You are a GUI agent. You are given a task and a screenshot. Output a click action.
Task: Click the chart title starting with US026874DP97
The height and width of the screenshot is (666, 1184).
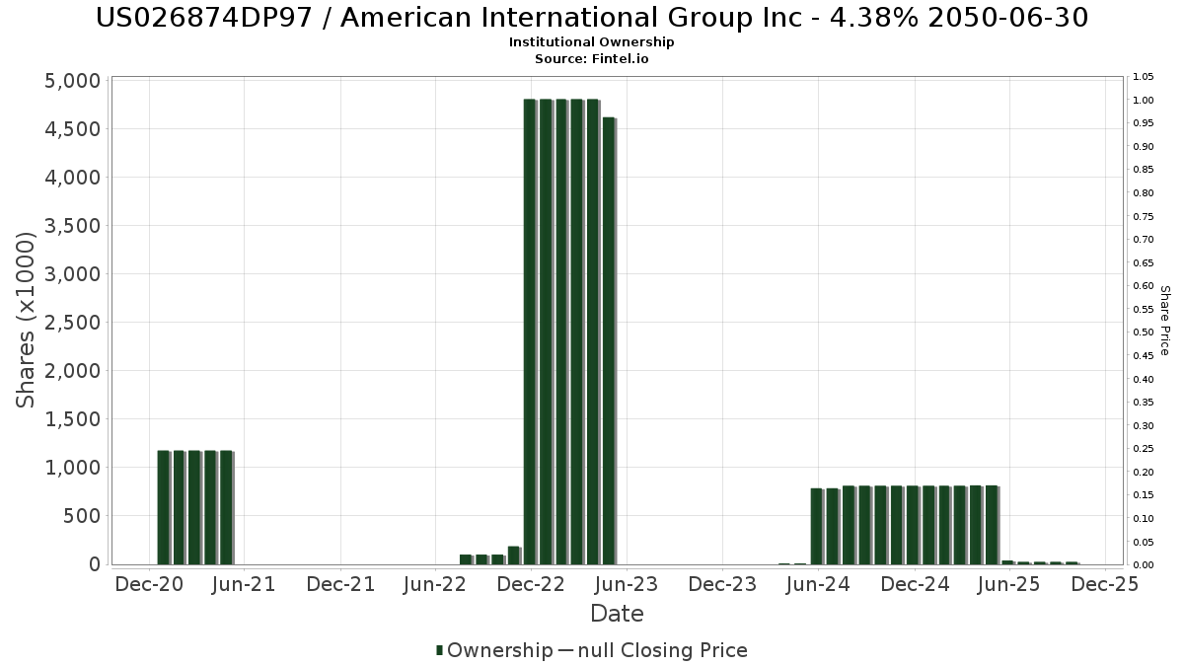(592, 18)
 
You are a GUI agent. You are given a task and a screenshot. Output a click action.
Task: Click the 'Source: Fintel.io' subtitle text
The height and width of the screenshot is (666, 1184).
(592, 59)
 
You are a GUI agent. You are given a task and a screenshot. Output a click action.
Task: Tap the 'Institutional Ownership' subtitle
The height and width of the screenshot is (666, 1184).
(592, 42)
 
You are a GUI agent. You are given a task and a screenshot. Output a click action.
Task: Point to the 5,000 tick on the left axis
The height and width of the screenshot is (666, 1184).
(73, 81)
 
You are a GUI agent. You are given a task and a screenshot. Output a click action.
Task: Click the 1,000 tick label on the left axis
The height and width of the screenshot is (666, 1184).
(73, 468)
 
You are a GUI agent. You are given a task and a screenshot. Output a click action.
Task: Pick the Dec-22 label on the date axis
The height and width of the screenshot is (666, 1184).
(531, 584)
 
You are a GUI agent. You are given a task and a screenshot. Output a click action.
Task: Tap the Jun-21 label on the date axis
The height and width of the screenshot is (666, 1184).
(244, 584)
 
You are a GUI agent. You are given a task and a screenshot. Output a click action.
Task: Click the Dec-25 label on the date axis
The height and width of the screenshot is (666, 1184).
(1106, 584)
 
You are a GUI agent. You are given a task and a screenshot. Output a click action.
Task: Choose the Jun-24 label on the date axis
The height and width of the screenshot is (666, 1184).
(818, 584)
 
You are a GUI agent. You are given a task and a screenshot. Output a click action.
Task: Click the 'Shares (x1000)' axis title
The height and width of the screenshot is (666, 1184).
(27, 320)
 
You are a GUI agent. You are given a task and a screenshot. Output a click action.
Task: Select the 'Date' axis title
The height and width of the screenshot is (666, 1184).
(617, 614)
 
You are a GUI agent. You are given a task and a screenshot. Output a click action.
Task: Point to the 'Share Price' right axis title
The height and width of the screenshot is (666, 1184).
(1164, 321)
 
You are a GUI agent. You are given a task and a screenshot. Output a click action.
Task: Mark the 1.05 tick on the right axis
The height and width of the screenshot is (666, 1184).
(1145, 77)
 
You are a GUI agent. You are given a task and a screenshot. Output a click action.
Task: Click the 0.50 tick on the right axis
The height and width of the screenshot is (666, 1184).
(1145, 333)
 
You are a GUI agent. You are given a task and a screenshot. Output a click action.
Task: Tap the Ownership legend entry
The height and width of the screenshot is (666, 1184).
(494, 650)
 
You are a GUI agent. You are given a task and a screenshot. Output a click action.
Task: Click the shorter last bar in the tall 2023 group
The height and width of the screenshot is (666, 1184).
(609, 340)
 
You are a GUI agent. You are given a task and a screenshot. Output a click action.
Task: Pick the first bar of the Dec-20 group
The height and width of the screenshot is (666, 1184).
(164, 507)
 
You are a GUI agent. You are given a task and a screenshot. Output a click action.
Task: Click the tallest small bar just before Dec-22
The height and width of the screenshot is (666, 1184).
(514, 555)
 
